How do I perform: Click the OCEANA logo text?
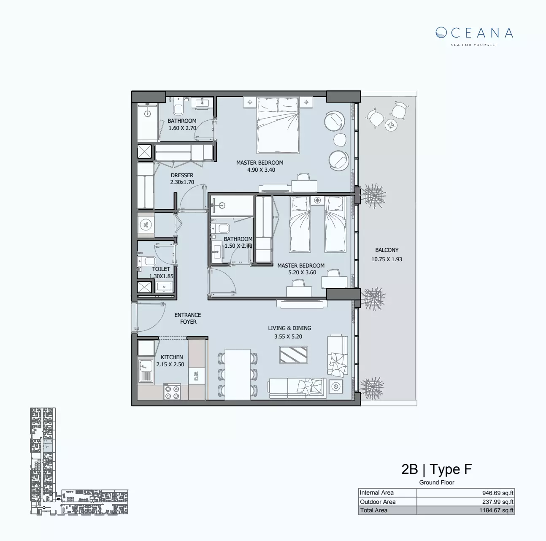[x=474, y=33]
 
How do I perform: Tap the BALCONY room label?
[x=387, y=250]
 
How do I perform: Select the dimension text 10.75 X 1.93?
[x=387, y=260]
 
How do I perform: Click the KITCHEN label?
[x=172, y=357]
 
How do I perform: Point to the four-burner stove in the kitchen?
[x=172, y=392]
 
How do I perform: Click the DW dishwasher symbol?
[x=197, y=376]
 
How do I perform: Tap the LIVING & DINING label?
[x=289, y=328]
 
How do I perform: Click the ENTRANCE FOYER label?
[x=188, y=318]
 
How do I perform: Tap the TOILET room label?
[x=161, y=269]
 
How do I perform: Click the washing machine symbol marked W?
[x=146, y=225]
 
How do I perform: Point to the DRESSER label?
[x=182, y=175]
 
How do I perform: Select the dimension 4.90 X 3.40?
[x=261, y=170]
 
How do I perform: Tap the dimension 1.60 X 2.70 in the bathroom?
[x=182, y=128]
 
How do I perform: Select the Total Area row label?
[x=374, y=511]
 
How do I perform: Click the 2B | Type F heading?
[x=436, y=469]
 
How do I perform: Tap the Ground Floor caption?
[x=436, y=482]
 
